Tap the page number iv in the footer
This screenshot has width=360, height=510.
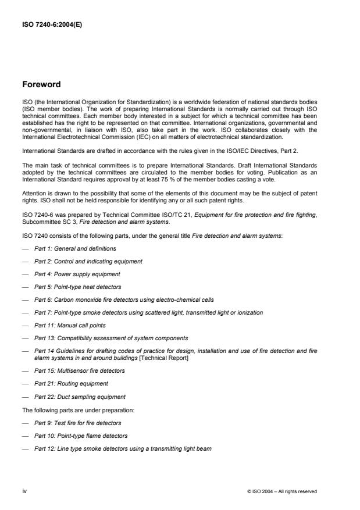[x=25, y=491]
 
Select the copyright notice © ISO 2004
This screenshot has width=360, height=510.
[x=282, y=491]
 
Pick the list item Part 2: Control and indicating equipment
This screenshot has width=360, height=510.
[x=88, y=261]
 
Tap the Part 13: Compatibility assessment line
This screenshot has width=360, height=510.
[x=111, y=338]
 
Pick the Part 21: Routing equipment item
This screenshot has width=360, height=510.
[x=71, y=384]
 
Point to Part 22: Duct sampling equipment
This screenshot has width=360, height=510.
[x=80, y=397]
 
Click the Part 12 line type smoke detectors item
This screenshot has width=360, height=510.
[x=123, y=448]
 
